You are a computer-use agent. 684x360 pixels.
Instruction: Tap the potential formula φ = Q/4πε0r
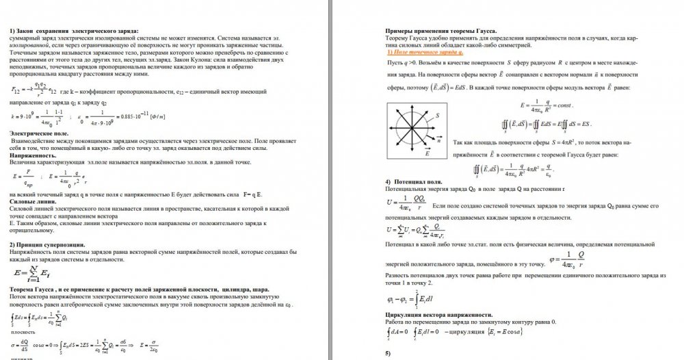coord(575,259)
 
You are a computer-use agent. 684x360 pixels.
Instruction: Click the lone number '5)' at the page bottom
coord(388,352)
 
